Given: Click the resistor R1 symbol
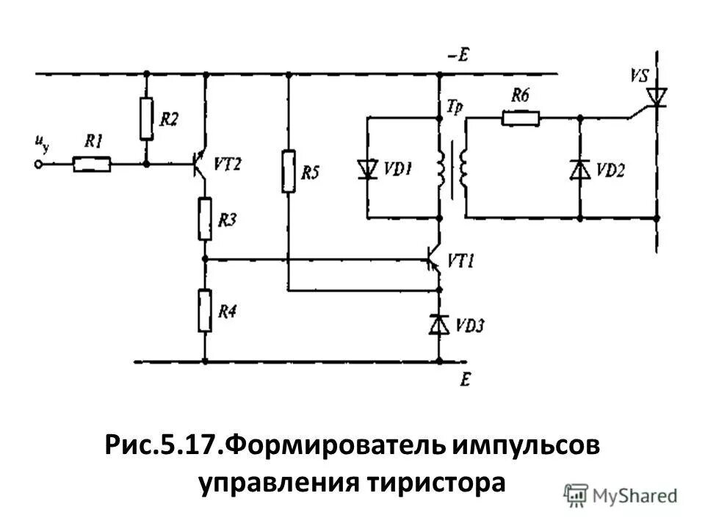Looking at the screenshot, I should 93,165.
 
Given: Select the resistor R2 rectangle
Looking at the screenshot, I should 146,117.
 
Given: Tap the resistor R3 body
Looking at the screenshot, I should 205,218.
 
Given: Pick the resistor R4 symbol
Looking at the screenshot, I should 205,311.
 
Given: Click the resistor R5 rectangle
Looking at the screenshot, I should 288,171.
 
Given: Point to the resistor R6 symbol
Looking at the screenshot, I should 521,117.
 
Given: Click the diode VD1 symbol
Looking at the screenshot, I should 366,170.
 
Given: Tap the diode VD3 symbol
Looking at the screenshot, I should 439,323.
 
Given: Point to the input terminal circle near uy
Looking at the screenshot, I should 39,165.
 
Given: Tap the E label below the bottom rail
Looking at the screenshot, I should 464,379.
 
